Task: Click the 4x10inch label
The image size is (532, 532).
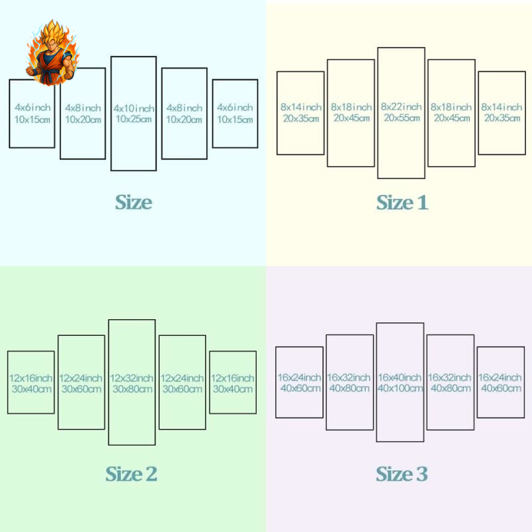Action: [134, 108]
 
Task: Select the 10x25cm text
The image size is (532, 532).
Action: [134, 120]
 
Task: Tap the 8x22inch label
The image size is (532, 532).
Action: [401, 106]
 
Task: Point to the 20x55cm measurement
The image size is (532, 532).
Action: [401, 118]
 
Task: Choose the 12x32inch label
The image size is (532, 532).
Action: [132, 378]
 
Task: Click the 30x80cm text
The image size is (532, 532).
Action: [132, 389]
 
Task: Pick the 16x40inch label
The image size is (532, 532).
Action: [400, 378]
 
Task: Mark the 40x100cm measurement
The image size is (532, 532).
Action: [400, 389]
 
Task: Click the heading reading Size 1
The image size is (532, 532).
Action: [402, 203]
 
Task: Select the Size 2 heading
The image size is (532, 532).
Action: [131, 474]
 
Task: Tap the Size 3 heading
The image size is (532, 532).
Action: [402, 474]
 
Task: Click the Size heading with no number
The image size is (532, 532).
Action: [134, 202]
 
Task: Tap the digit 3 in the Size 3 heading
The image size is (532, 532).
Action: [421, 475]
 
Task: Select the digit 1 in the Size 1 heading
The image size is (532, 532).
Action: [421, 203]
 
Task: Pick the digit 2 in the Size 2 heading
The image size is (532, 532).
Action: [150, 475]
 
